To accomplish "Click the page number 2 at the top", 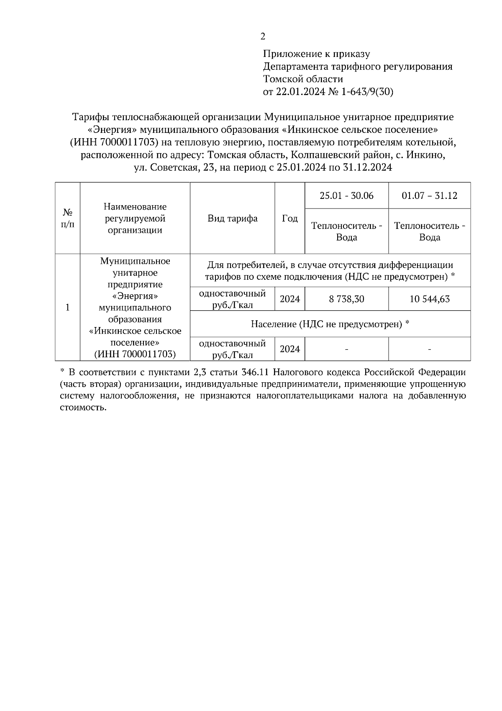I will pos(263,37).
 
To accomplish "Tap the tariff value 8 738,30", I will pos(347,299).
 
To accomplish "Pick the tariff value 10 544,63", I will pos(430,299).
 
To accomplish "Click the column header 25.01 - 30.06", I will pos(347,196).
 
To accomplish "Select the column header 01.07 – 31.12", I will pos(430,196).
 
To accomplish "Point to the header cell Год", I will pos(290,218).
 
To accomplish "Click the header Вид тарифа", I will pos(233,218).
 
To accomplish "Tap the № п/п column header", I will pos(67,218).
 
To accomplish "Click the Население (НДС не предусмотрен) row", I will pos(330,324).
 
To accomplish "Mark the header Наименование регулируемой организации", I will pos(135,218).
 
